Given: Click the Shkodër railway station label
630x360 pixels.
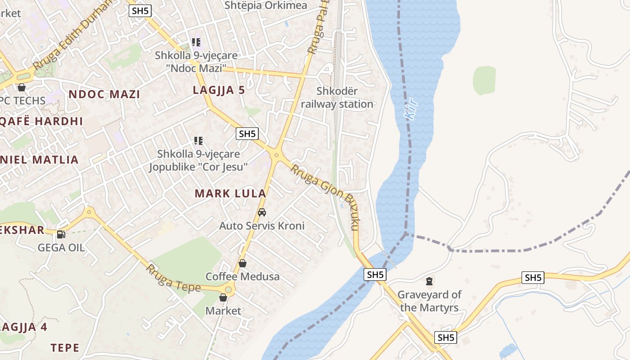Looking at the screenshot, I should (337, 98).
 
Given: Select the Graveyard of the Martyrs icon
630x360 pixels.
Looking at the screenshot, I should (429, 282).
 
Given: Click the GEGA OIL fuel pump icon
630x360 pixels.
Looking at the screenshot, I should (61, 234).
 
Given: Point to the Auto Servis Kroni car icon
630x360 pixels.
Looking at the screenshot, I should (262, 212).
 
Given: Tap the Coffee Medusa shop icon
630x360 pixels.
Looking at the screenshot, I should (242, 263).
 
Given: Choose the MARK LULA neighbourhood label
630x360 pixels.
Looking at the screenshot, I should (230, 193).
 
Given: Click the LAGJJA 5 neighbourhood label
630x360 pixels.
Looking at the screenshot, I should (219, 90).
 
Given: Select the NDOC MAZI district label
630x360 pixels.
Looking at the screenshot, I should (104, 94).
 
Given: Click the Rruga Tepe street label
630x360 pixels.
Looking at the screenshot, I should (173, 279).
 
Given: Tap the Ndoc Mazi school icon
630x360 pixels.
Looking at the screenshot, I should (196, 42).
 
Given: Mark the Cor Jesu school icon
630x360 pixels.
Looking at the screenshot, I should (198, 141).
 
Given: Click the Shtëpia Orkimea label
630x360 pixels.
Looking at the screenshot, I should (265, 5).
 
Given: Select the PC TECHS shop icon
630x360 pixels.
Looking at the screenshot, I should (21, 87).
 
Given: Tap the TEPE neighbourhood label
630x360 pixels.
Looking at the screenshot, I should (65, 348).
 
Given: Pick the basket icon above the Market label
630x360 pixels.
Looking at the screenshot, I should (223, 297).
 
